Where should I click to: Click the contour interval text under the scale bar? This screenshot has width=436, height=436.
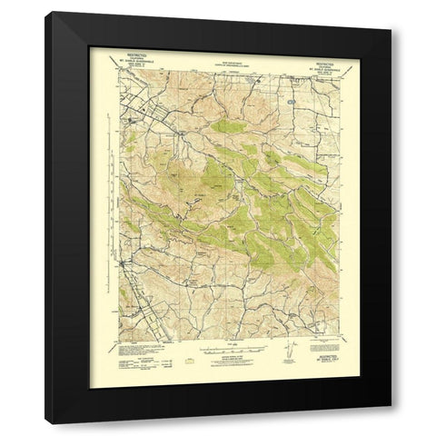pyautogui.click(x=217, y=354)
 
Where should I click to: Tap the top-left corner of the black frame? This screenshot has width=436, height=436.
pyautogui.click(x=47, y=13)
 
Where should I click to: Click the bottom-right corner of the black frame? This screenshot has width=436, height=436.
pyautogui.click(x=391, y=423)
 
